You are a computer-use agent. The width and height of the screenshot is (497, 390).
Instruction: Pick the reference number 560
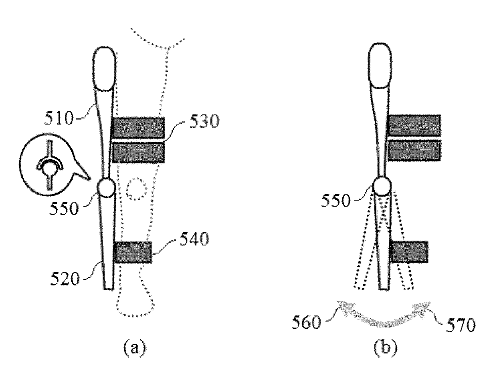306,323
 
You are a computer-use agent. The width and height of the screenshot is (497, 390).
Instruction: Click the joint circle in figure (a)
107,188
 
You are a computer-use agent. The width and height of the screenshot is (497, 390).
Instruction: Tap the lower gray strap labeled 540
133,252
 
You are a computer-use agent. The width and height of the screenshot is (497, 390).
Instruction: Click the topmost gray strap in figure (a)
138,128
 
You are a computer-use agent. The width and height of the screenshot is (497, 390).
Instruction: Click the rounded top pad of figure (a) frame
105,69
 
